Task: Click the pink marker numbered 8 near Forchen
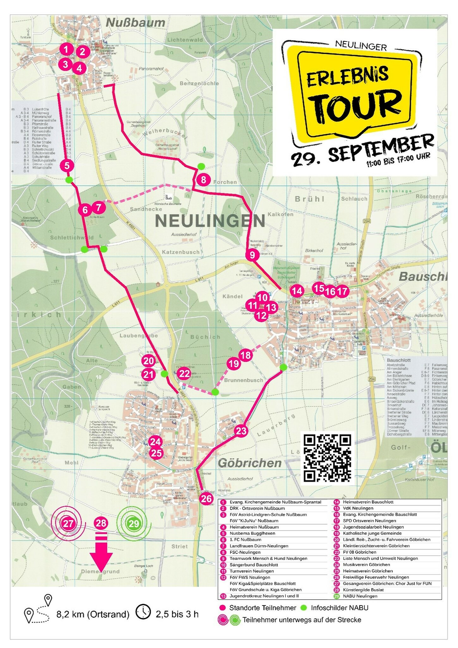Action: (203, 180)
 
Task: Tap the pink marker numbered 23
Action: (241, 431)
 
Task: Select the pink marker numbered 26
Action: (206, 499)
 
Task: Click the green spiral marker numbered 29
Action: (133, 523)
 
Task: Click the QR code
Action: (327, 458)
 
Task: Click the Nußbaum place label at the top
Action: (135, 23)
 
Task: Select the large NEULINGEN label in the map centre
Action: (210, 221)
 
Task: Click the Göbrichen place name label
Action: (250, 463)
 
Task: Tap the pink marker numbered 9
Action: (252, 255)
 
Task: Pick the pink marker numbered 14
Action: (297, 291)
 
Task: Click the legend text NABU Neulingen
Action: (360, 596)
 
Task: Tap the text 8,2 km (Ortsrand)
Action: (93, 614)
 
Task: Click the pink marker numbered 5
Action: (67, 165)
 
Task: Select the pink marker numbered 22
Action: (184, 374)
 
